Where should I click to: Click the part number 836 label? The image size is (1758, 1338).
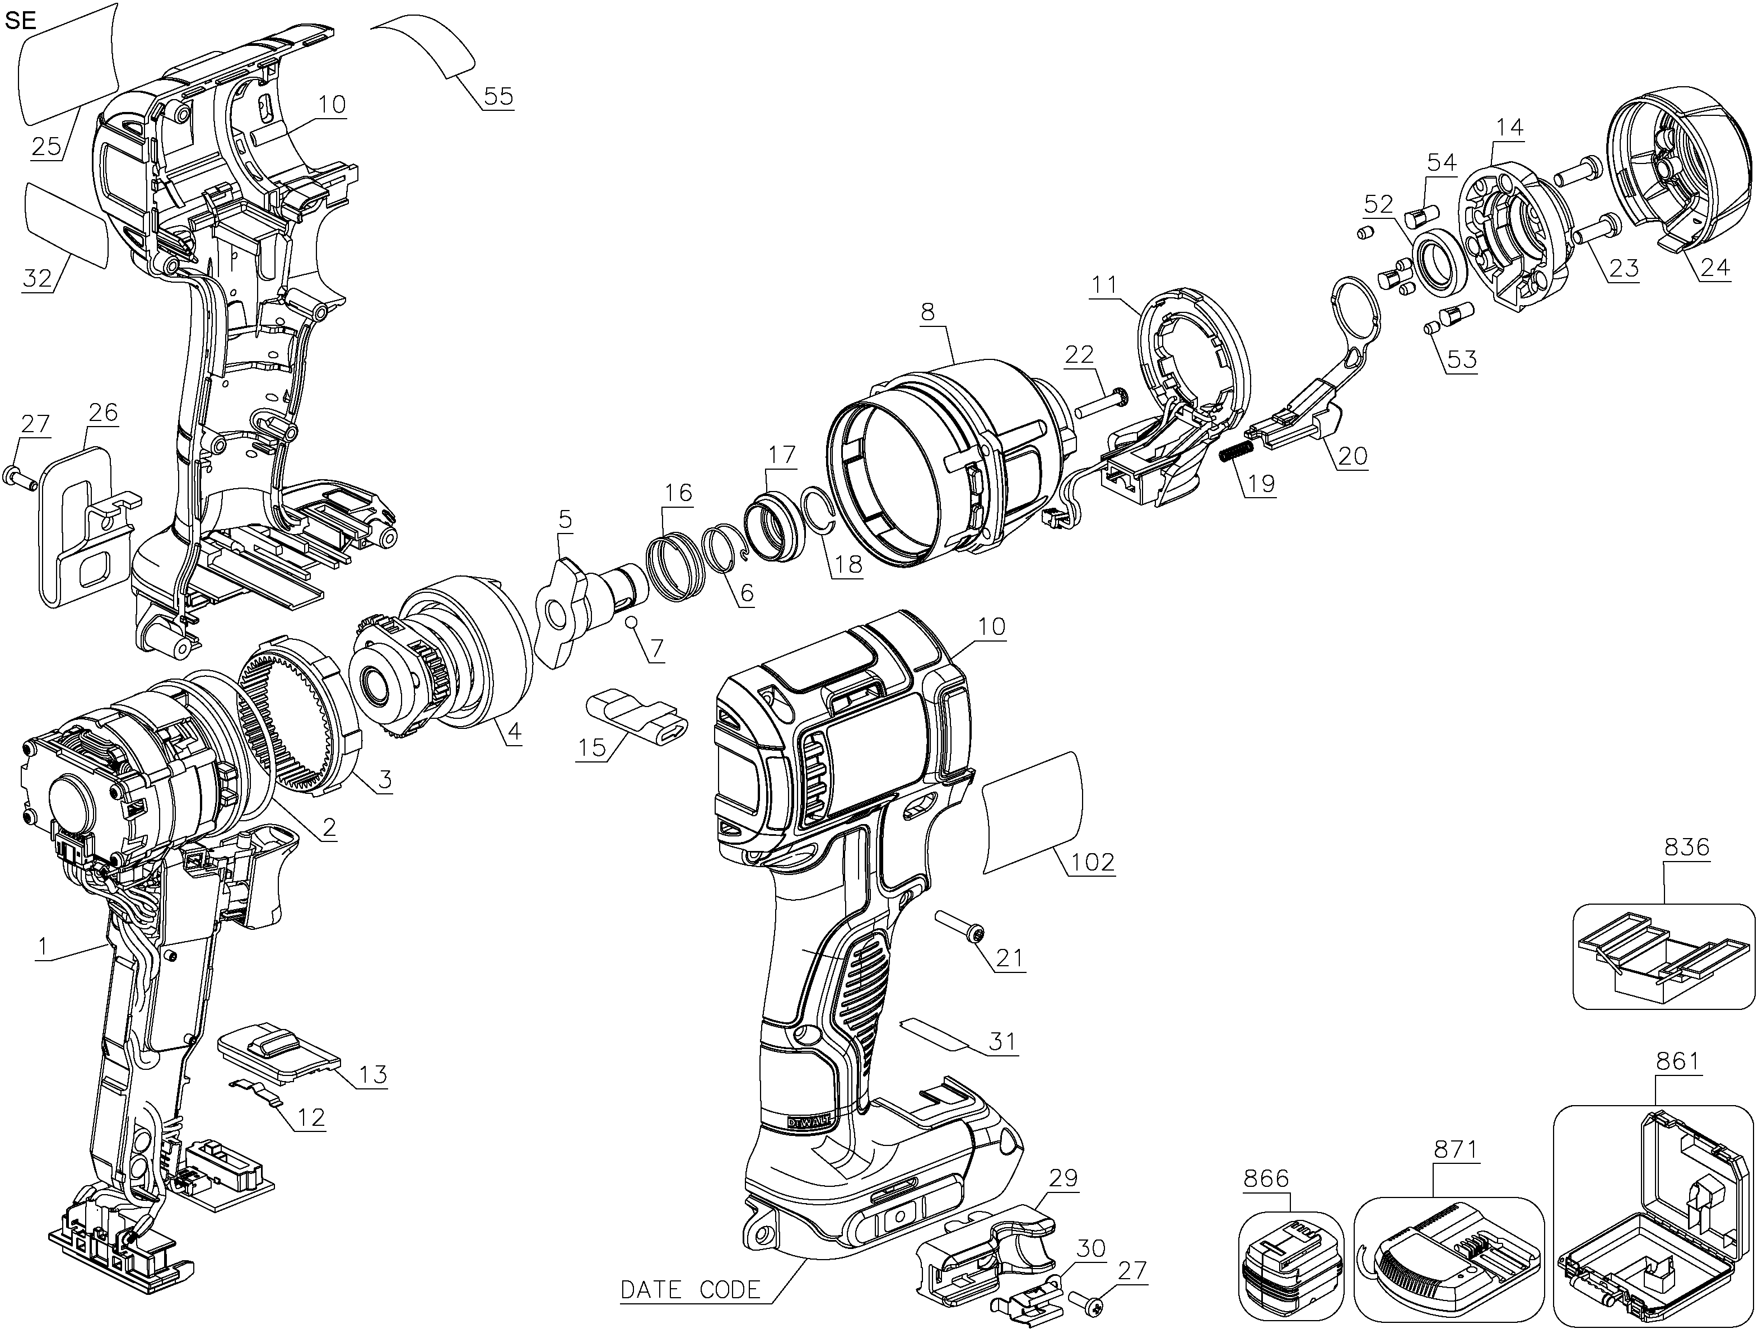point(1686,848)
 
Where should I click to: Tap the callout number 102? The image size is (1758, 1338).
point(1092,863)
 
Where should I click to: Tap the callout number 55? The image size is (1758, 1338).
point(498,97)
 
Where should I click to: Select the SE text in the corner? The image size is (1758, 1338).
point(21,20)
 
